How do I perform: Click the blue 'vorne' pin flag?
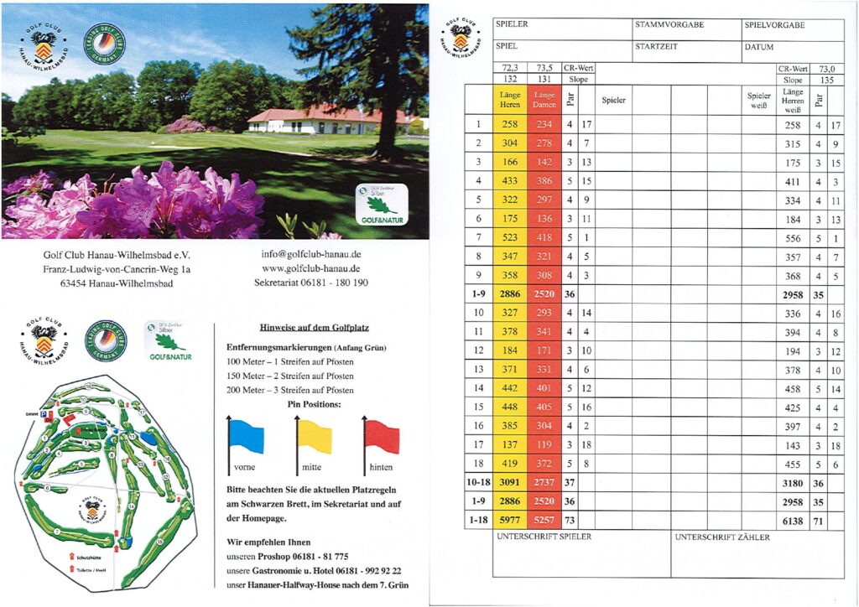247,436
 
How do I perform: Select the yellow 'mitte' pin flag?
315,436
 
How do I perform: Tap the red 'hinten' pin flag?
382,436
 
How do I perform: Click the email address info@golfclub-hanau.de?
310,254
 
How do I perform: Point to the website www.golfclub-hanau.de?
310,268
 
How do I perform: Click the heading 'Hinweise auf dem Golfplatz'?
310,327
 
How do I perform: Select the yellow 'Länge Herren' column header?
511,100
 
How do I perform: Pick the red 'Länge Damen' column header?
544,100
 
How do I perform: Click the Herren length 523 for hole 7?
511,238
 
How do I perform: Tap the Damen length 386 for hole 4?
544,180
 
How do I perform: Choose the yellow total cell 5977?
511,520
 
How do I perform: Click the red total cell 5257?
544,520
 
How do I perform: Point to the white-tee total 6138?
793,520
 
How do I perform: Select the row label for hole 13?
477,370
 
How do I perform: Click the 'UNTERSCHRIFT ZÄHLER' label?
721,537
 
